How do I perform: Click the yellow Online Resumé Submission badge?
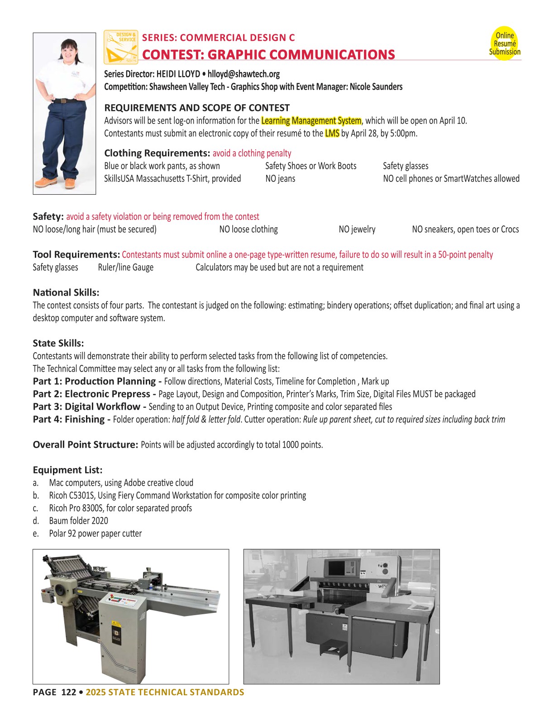[x=504, y=43]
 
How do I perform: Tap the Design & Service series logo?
[x=120, y=47]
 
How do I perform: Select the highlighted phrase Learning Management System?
[x=311, y=121]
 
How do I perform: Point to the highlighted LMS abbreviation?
[x=332, y=134]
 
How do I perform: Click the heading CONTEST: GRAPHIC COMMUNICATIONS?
[x=268, y=54]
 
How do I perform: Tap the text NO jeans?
[x=280, y=179]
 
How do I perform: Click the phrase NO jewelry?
[x=357, y=229]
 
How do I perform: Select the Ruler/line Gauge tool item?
[x=125, y=268]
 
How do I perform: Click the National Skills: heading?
[x=66, y=292]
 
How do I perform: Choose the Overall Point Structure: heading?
[x=85, y=445]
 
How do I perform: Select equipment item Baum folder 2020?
[x=78, y=521]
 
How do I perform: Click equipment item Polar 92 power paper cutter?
[x=95, y=533]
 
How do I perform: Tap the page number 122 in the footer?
[x=68, y=692]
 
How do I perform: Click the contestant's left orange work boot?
[x=69, y=183]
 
